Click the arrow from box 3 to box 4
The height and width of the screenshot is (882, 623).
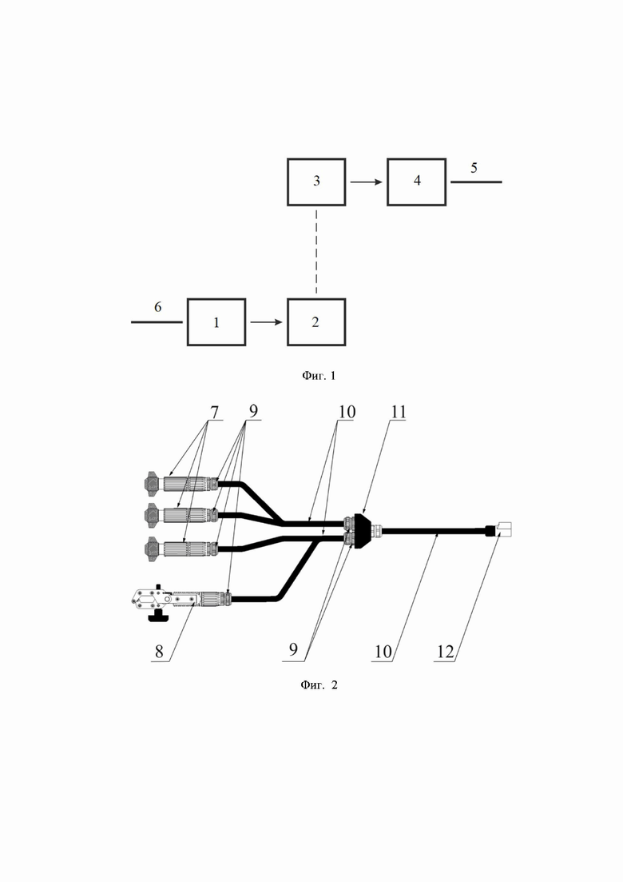click(x=367, y=182)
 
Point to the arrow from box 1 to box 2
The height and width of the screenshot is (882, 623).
click(x=266, y=322)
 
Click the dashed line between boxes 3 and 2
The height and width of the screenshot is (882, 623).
click(x=316, y=252)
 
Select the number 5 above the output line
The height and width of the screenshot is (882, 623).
click(x=474, y=168)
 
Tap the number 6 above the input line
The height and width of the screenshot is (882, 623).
click(x=158, y=306)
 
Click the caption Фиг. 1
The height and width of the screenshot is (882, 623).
click(x=319, y=375)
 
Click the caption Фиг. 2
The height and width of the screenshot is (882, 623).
click(x=319, y=684)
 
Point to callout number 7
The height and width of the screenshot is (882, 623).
click(x=214, y=412)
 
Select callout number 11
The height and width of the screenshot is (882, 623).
click(x=399, y=412)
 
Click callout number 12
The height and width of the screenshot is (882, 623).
click(x=445, y=652)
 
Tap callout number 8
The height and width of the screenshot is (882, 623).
click(x=159, y=652)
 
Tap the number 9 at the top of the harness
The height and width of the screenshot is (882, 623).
click(x=253, y=412)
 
